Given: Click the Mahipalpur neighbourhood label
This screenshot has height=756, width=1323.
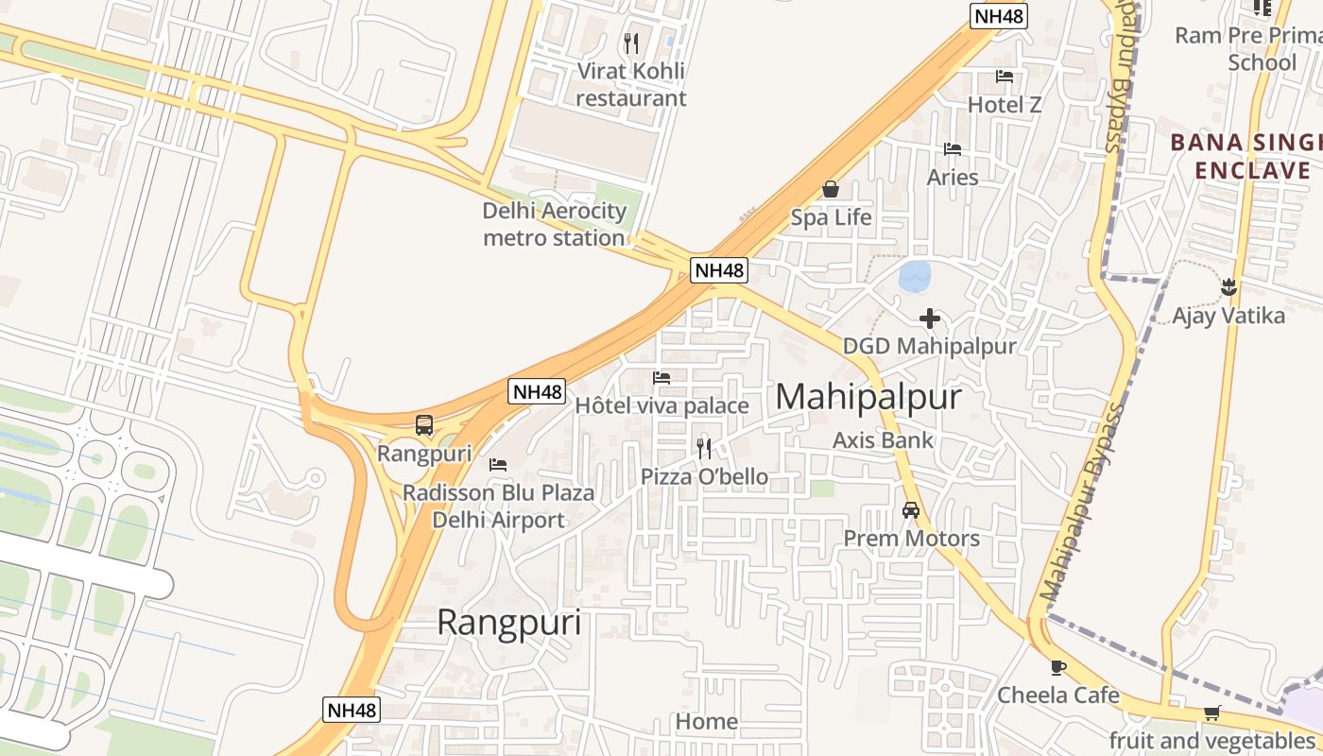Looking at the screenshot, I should click(868, 397).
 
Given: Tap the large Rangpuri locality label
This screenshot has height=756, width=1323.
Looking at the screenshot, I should click(508, 624).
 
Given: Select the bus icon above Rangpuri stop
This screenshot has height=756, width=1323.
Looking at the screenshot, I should click(424, 425).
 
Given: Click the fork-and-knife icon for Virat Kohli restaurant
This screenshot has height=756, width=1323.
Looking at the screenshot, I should click(631, 43).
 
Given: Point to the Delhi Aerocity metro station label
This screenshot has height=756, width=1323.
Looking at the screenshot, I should click(554, 224).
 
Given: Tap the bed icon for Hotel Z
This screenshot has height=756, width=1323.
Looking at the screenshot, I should click(1005, 77).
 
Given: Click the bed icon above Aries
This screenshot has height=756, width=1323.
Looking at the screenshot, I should click(953, 149).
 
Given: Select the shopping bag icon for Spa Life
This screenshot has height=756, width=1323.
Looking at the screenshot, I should click(831, 189).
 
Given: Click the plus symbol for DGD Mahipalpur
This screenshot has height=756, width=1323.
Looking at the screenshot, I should click(930, 318).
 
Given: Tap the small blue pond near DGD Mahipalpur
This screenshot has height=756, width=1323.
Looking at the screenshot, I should click(915, 276).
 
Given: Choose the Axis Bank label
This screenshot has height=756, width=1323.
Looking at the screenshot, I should click(883, 439).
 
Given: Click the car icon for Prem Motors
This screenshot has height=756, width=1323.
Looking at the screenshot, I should click(911, 509).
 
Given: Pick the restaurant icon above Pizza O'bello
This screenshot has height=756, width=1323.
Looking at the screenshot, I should click(704, 448).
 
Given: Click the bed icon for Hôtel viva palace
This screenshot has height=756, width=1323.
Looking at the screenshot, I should click(661, 378).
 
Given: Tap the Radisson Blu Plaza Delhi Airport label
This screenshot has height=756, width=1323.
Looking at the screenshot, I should click(498, 506).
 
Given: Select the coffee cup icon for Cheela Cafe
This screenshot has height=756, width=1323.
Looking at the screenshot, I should click(1058, 667).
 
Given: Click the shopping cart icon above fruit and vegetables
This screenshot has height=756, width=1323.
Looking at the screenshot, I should click(1211, 713).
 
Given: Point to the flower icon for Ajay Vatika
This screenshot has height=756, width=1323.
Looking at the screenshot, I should click(1228, 285).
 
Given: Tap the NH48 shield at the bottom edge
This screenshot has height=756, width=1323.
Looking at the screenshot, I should click(351, 710).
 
